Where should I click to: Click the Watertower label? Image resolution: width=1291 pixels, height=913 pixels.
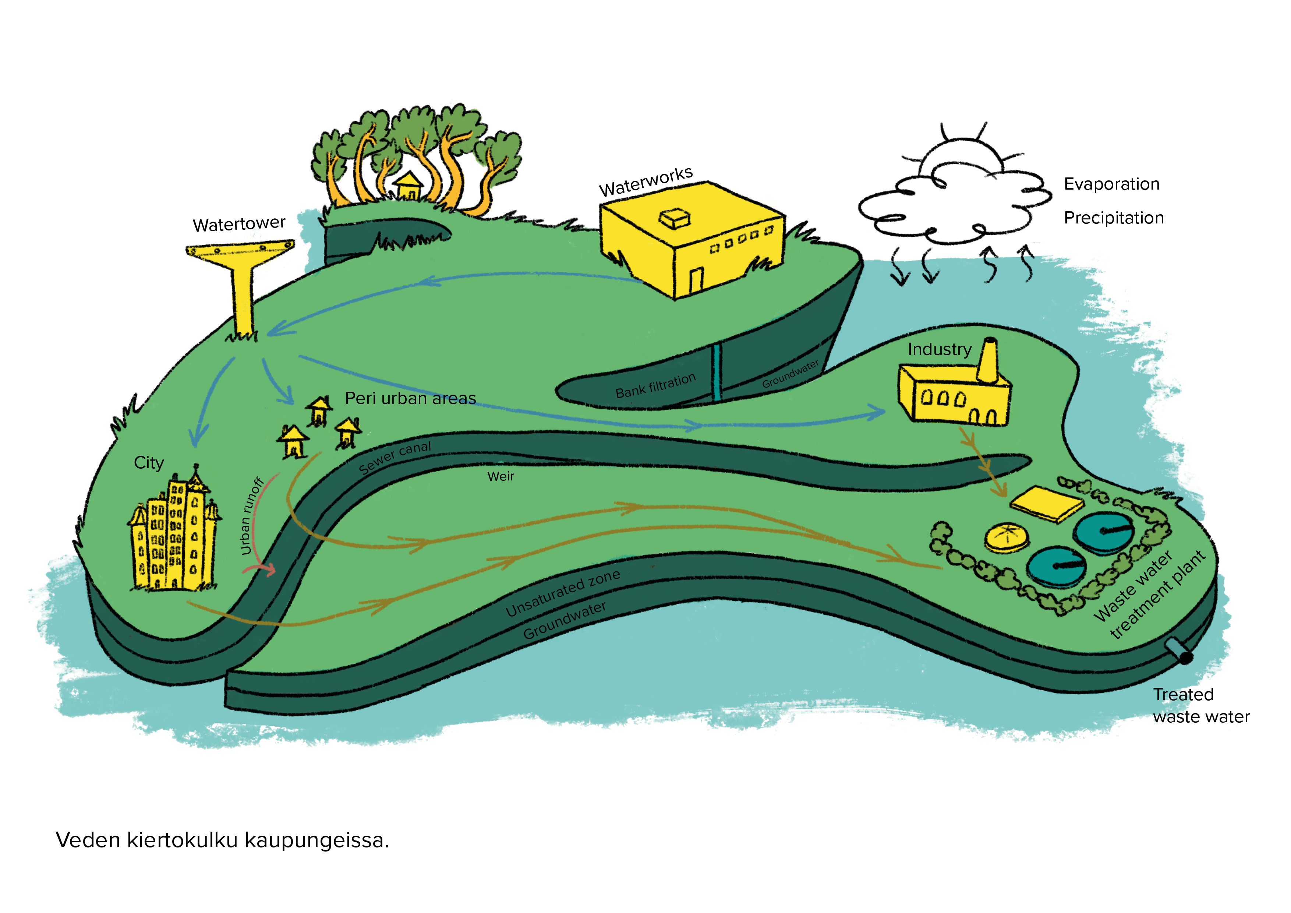(239, 224)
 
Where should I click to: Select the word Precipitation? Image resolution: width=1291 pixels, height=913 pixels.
(1113, 218)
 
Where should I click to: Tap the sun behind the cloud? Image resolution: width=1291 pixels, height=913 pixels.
(963, 152)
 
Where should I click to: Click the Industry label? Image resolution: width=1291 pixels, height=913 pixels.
(939, 349)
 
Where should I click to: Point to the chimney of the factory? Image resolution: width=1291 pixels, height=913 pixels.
(988, 360)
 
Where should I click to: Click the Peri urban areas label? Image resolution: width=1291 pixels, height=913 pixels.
(410, 398)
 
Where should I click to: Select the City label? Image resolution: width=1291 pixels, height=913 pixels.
(149, 462)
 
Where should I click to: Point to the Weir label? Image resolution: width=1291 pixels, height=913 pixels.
(501, 476)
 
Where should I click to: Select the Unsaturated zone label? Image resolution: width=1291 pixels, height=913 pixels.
(562, 592)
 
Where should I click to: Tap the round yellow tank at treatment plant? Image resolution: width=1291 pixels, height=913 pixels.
(1007, 537)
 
